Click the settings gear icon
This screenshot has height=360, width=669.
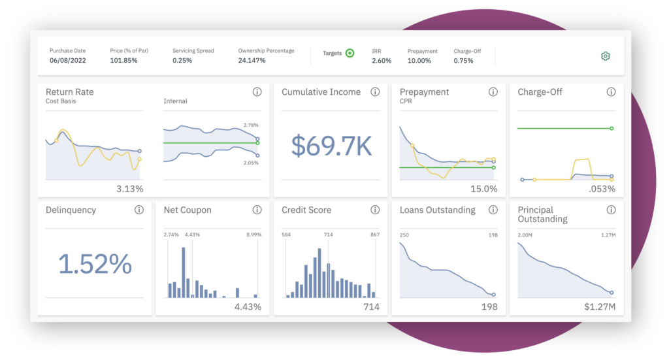pos(605,56)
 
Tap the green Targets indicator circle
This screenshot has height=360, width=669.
pos(350,54)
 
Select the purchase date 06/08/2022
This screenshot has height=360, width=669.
pos(67,61)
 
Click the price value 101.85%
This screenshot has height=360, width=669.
pos(123,61)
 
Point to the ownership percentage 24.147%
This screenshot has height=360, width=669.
pos(252,61)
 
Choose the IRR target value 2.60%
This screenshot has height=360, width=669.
pos(382,61)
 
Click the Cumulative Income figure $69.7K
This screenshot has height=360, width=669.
pos(331,147)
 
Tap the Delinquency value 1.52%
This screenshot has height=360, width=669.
pos(95,265)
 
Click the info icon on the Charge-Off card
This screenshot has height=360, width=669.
pos(611,92)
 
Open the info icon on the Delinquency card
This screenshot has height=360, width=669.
pos(139,210)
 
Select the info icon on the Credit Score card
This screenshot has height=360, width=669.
pos(375,210)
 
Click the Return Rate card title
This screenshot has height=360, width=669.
pos(69,92)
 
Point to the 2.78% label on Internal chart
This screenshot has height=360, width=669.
pos(251,125)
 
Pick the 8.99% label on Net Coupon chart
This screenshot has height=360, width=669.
pos(253,235)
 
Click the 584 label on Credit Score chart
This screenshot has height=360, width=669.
pos(286,235)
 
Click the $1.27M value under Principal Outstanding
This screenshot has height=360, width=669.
pos(600,307)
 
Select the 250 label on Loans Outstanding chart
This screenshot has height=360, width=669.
pos(404,235)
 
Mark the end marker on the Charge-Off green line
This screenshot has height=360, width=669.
pos(612,129)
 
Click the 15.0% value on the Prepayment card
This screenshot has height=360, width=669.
pos(483,189)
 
